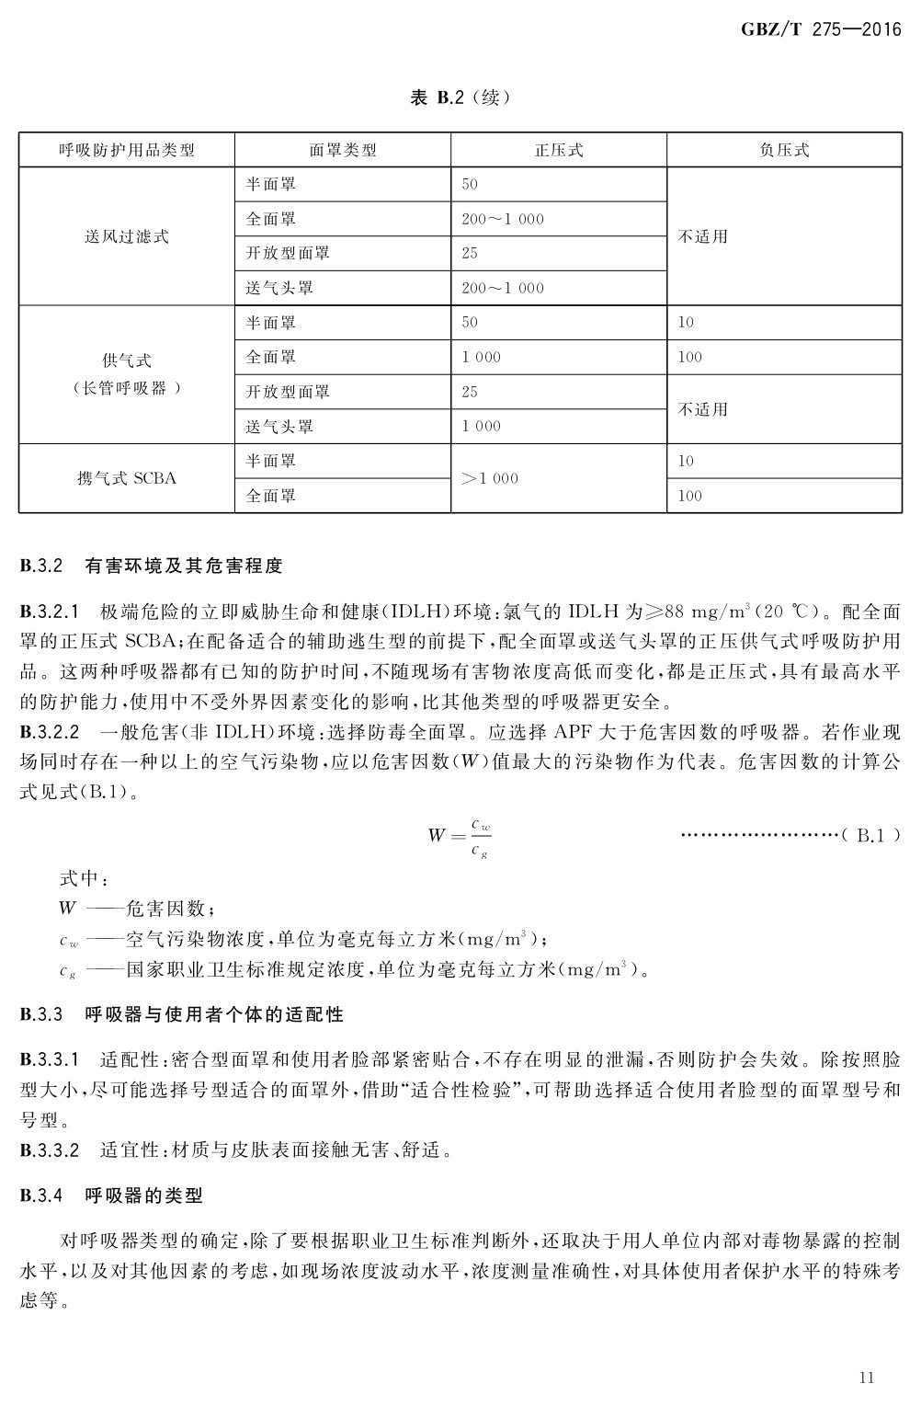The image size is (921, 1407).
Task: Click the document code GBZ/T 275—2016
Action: (820, 29)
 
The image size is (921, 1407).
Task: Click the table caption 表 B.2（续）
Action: (460, 97)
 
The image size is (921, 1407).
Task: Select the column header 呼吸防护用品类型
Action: (127, 150)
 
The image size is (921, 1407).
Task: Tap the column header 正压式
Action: (559, 150)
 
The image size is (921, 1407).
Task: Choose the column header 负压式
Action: (784, 150)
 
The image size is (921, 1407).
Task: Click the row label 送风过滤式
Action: (127, 236)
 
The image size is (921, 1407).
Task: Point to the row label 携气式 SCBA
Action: (127, 478)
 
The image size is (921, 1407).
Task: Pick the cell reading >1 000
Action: (490, 478)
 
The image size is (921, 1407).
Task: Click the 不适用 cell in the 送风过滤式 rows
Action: (703, 236)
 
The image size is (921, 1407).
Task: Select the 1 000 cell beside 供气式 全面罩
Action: (482, 357)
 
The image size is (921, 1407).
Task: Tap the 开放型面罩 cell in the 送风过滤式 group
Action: (288, 253)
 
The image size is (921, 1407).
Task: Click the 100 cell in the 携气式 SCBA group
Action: (689, 496)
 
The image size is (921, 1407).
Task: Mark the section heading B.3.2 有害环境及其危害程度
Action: (152, 566)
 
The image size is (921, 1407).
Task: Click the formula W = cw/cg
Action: (460, 836)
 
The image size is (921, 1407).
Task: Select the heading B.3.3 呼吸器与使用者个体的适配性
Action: (182, 1014)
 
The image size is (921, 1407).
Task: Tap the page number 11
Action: (866, 1377)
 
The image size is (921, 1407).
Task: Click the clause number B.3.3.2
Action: (51, 1150)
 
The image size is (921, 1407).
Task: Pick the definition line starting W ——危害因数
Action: (138, 909)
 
